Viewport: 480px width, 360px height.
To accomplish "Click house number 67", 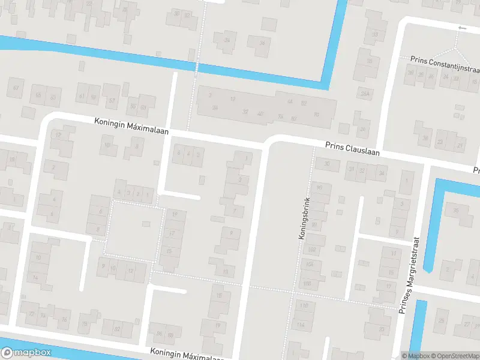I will (16, 89).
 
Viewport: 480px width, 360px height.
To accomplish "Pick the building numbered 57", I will (112, 101).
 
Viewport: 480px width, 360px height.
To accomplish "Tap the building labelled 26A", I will (364, 93).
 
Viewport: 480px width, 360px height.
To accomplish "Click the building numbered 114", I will (300, 325).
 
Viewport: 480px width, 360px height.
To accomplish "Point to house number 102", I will (311, 250).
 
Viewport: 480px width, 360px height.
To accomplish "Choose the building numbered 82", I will (117, 328).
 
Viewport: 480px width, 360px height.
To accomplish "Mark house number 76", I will (64, 319).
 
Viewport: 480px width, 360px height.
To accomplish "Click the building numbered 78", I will (85, 325).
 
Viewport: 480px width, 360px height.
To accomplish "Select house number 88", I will (170, 334).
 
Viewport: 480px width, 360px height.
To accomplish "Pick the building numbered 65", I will (38, 95).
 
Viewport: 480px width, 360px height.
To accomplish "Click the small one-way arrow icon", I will (461, 28).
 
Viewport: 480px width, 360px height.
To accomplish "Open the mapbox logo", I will (26, 353).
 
